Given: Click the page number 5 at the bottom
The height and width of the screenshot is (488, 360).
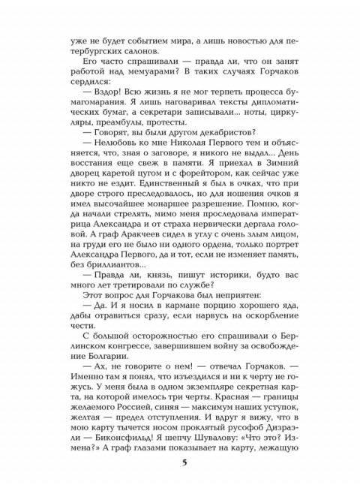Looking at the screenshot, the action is [184, 462].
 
